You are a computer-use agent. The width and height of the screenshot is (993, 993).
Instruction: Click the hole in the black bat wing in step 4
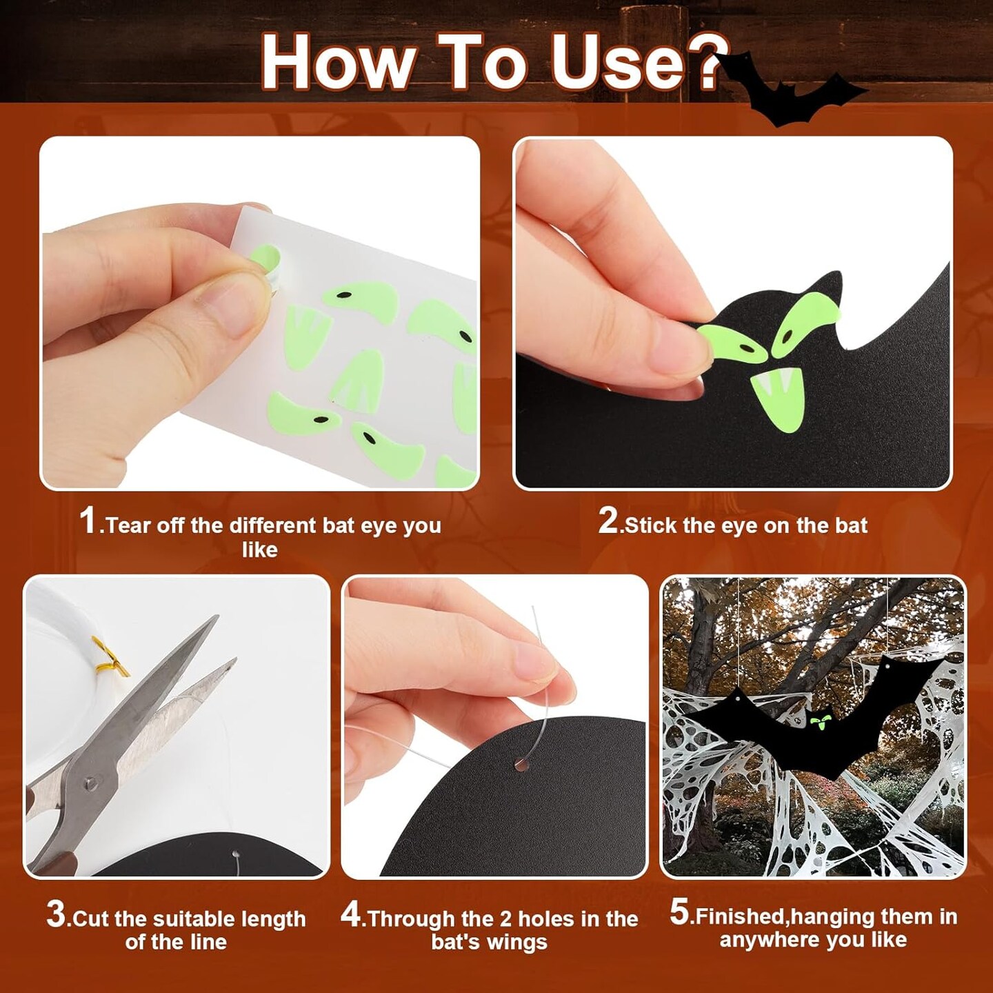coord(521,779)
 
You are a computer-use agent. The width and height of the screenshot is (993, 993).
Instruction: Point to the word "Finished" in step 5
coord(736,916)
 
